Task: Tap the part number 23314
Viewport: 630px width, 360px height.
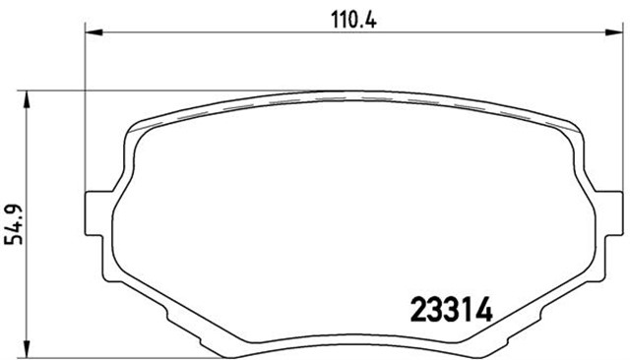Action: (x=450, y=310)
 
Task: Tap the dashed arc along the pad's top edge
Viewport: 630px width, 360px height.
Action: (x=354, y=100)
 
